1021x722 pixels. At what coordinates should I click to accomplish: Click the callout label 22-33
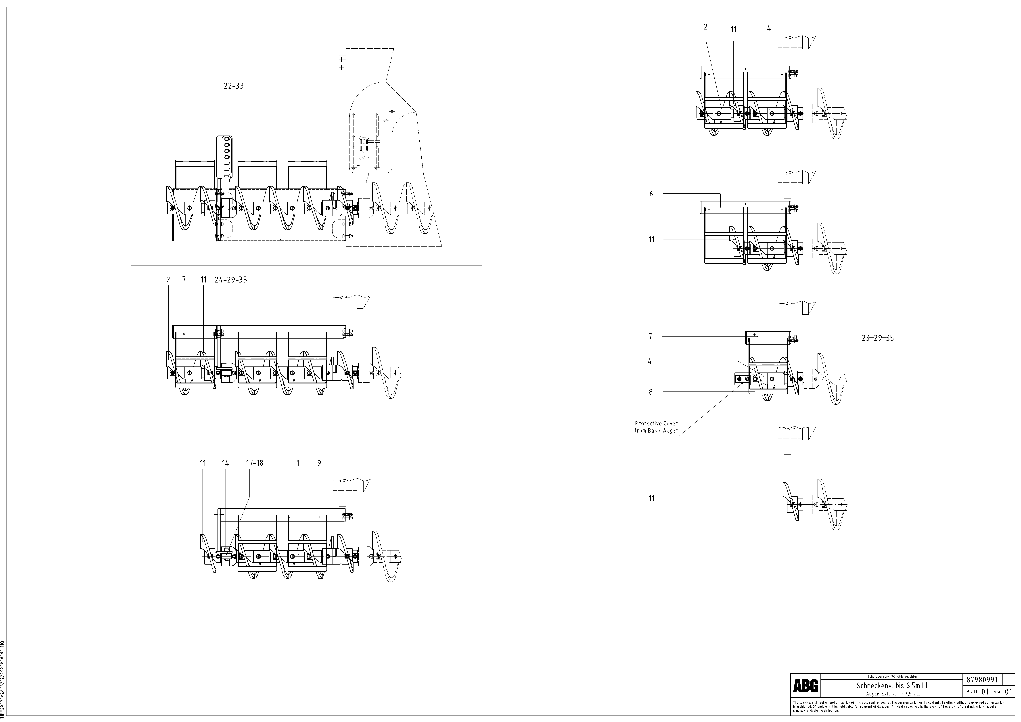[233, 86]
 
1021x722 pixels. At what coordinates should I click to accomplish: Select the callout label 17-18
[254, 463]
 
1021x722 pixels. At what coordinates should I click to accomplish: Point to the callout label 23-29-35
[877, 338]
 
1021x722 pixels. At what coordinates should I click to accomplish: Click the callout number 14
[225, 463]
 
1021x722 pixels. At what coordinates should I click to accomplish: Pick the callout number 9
[319, 463]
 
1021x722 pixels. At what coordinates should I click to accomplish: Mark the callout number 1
[297, 463]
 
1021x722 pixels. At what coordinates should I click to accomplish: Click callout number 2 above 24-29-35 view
[168, 280]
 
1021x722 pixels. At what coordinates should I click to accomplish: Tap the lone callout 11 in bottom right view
[651, 498]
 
